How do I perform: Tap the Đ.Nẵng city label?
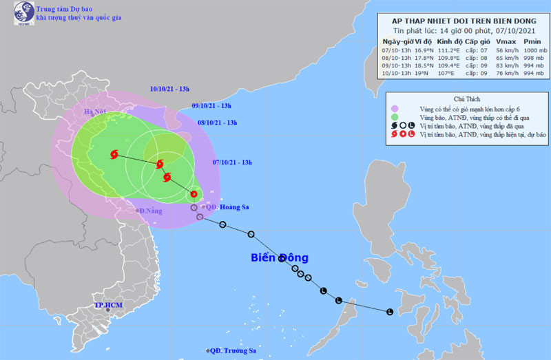[x=151, y=211]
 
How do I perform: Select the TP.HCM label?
[x=109, y=305]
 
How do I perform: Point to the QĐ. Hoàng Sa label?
[x=225, y=207]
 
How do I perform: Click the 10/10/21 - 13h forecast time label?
[x=171, y=88]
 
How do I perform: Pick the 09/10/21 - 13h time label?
[x=211, y=105]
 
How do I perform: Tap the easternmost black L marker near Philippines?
[x=390, y=312]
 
